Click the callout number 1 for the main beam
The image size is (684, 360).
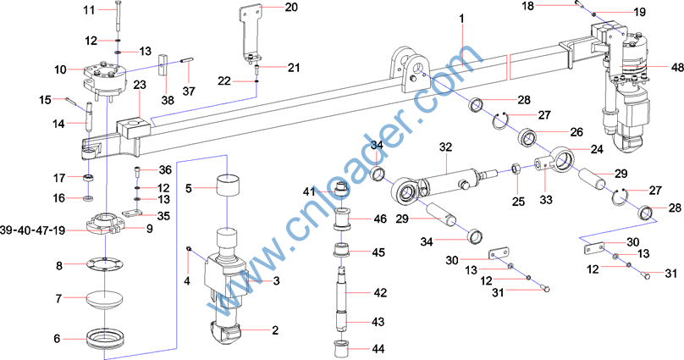pos(462,19)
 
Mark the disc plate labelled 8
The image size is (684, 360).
pos(103,263)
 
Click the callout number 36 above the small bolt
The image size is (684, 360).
pos(165,170)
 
